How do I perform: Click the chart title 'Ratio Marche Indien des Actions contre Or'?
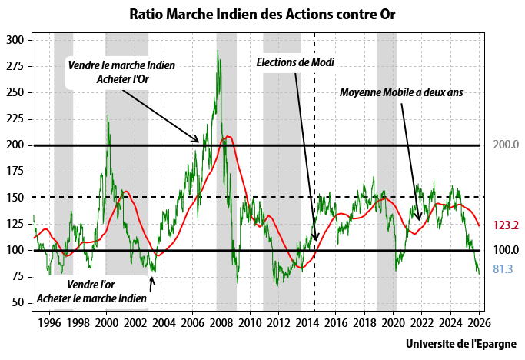point(262,15)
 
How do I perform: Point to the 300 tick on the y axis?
point(16,40)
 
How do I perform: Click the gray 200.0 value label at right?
point(505,145)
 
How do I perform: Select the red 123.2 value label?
point(505,225)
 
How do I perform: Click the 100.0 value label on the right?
point(505,250)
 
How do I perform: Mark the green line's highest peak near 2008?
point(218,52)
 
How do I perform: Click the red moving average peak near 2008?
point(227,137)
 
